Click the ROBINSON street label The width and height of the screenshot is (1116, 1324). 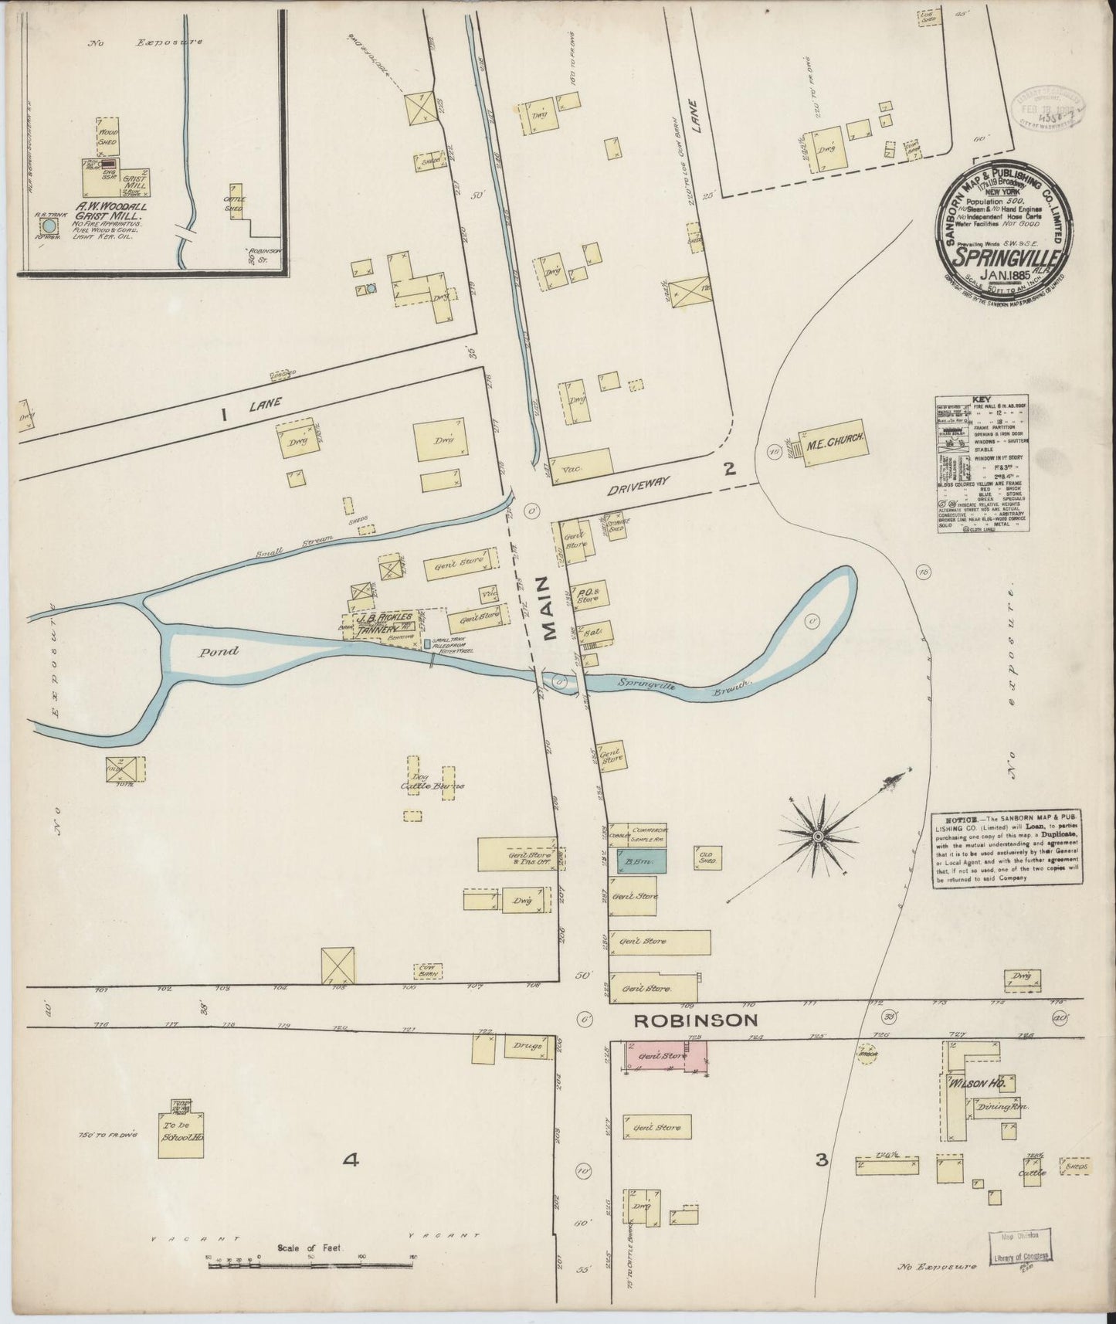coord(695,1020)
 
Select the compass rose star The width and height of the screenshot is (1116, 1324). coord(818,837)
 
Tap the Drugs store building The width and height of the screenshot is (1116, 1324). coord(527,1047)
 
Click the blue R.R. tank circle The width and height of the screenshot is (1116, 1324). coord(49,226)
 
